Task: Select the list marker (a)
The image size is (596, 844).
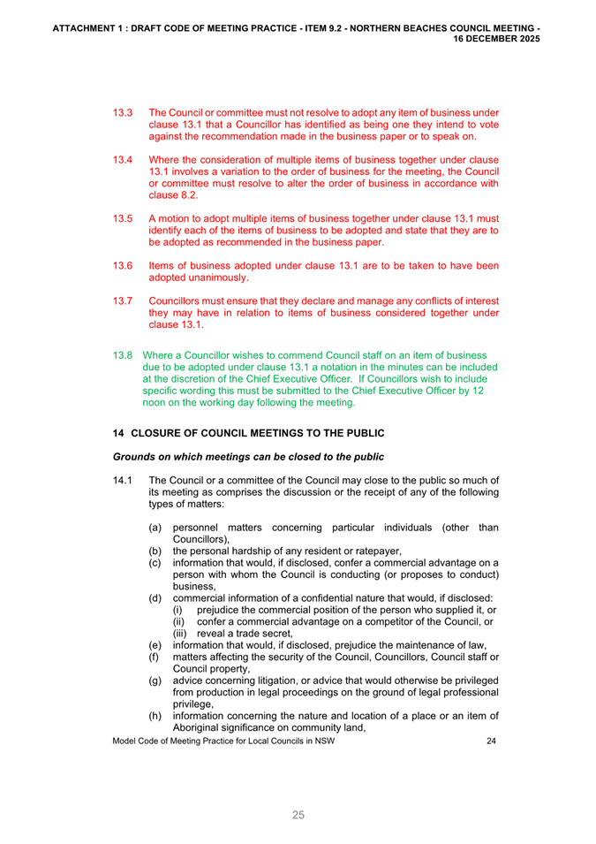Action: click(155, 528)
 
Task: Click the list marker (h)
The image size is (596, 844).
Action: click(155, 715)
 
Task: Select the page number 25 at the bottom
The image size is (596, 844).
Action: click(298, 814)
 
